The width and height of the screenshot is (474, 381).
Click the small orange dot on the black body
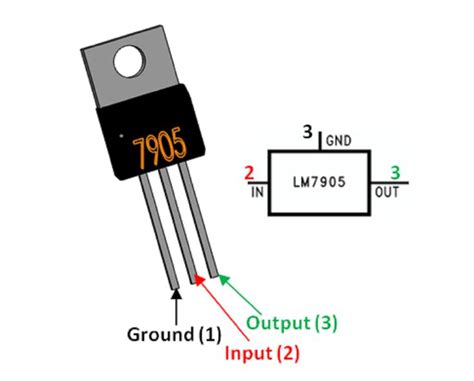[121, 136]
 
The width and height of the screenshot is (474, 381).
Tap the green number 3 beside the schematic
[395, 172]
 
